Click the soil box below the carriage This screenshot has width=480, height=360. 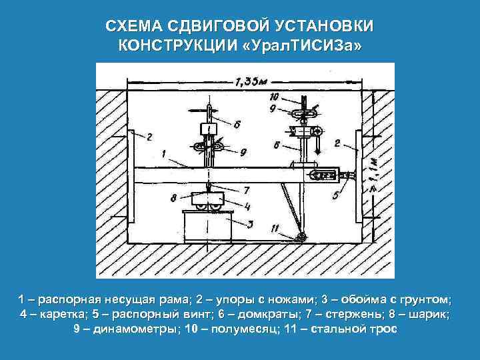(x=207, y=227)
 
